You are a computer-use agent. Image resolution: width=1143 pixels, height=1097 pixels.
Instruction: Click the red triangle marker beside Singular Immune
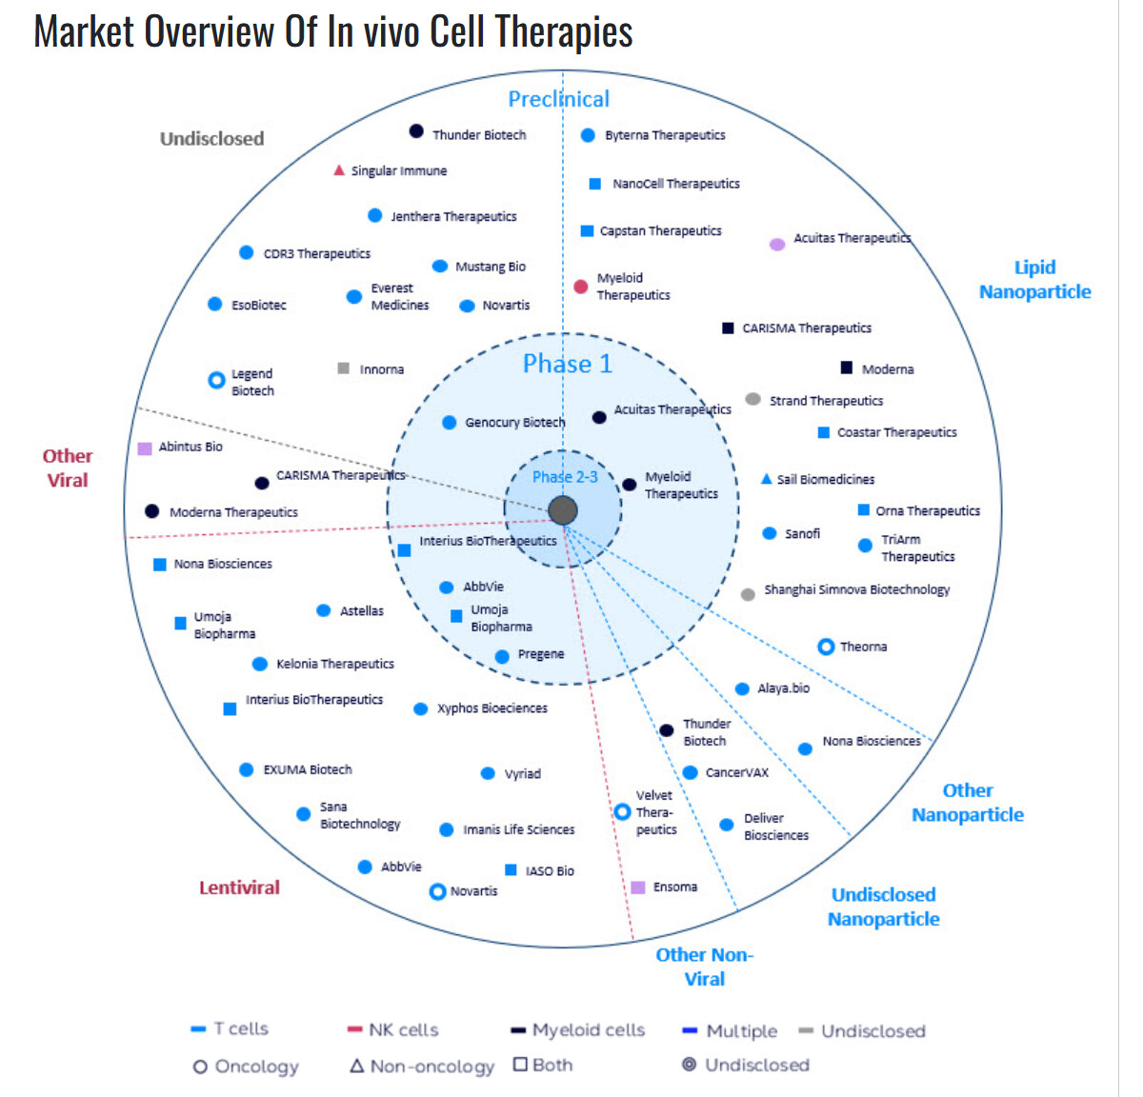tap(338, 170)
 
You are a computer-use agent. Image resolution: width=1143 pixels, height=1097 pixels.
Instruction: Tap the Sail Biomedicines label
tap(825, 479)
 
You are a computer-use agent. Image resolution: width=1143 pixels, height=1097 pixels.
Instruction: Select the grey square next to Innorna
tap(344, 369)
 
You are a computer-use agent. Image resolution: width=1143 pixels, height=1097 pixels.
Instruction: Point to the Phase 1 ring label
tap(568, 364)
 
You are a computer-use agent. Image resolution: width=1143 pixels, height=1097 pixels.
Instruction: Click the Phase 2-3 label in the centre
tap(565, 477)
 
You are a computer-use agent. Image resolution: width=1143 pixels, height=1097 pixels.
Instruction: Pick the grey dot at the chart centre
tap(563, 510)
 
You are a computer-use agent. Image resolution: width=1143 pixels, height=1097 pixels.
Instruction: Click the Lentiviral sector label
tap(239, 888)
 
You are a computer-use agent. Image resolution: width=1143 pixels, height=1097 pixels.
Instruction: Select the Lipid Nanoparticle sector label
tap(1034, 280)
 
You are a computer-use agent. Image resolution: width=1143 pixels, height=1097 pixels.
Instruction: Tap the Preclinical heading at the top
tap(558, 99)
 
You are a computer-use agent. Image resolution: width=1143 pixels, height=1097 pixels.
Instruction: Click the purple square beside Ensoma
tap(638, 888)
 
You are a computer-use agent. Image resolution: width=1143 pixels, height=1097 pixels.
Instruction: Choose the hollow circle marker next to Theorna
tap(826, 647)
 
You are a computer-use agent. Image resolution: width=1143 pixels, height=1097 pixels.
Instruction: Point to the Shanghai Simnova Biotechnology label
tap(856, 589)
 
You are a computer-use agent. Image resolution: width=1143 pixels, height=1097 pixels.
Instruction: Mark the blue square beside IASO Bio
tap(511, 870)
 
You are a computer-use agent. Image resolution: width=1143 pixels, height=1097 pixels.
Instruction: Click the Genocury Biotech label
tap(514, 422)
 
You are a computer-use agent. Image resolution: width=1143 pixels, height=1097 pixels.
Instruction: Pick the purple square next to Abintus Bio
tap(145, 448)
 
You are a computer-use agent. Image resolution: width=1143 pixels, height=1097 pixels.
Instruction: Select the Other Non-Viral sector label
tap(704, 967)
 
